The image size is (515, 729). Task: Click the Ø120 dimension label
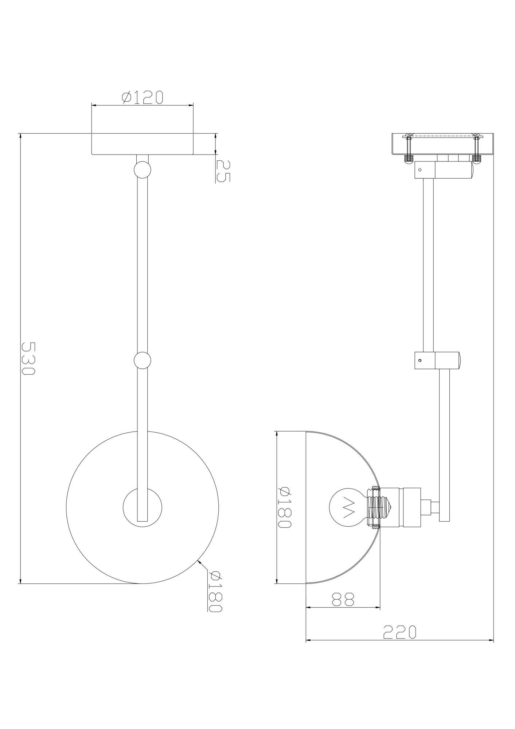pos(142,97)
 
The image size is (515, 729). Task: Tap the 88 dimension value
pos(343,599)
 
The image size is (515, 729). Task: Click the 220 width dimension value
pos(399,632)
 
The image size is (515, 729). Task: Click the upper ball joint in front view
pos(142,170)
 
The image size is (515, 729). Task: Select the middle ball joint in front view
pos(142,360)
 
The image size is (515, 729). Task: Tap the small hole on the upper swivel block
pos(420,170)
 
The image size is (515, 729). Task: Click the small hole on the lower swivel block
pos(420,360)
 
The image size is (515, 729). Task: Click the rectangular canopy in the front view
pos(142,144)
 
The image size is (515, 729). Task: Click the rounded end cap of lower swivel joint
pos(460,360)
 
